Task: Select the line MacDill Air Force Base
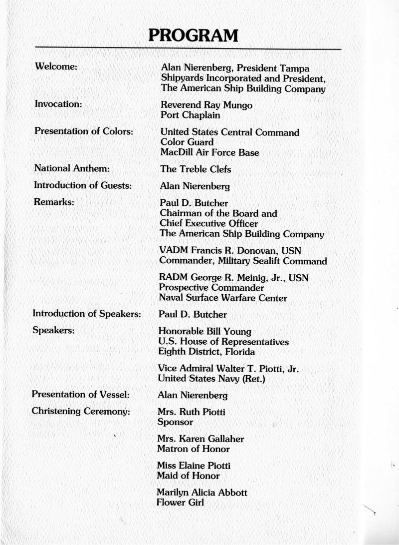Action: (209, 152)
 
